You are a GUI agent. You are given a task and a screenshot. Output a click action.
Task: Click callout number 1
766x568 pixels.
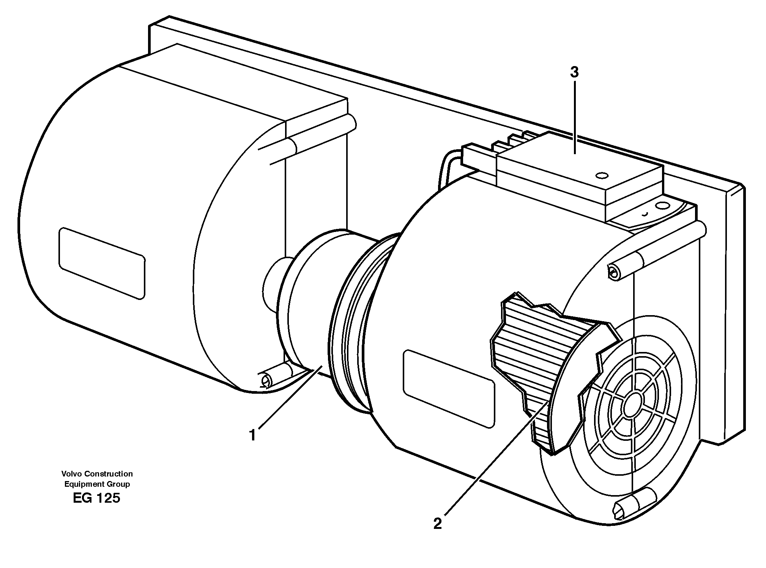click(253, 435)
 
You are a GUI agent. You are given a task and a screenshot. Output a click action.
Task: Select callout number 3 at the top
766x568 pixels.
click(574, 72)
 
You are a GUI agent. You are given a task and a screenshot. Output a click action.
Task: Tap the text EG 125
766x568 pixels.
click(97, 498)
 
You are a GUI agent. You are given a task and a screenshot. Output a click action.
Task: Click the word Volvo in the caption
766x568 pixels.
click(71, 473)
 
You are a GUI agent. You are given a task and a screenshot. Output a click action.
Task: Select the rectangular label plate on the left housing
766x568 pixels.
click(102, 263)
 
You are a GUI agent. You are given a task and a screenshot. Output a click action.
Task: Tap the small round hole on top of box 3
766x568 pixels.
click(602, 175)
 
